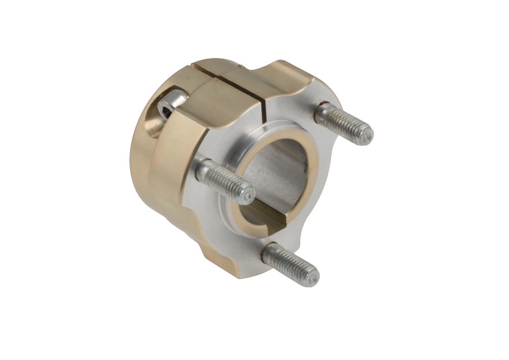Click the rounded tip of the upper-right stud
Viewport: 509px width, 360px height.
(367, 135)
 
